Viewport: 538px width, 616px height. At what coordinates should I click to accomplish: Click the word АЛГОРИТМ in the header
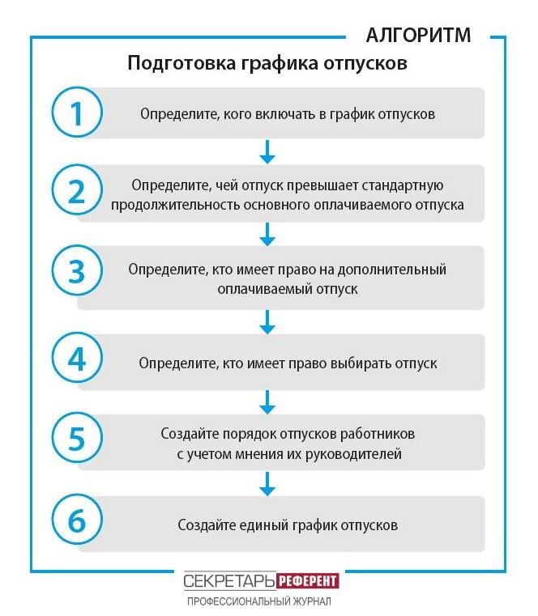point(417,35)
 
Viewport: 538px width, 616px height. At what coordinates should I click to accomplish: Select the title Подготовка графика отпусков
point(267,64)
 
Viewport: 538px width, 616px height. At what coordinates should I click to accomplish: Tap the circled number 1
point(77,113)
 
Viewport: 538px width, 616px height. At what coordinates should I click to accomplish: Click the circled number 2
point(77,193)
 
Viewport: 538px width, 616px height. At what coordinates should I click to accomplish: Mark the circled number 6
point(77,523)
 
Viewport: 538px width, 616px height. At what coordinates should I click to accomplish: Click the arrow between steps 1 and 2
point(267,151)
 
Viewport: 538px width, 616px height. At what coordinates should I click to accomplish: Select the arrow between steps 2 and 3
point(267,235)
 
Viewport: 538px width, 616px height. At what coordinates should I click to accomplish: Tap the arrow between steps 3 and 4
point(267,321)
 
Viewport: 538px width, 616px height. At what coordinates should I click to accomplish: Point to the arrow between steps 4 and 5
point(267,401)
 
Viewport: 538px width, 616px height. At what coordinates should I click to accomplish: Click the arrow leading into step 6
point(267,483)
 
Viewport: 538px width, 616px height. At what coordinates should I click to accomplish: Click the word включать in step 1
point(280,114)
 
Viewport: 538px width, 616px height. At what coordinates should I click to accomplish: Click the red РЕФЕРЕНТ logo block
point(307,581)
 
